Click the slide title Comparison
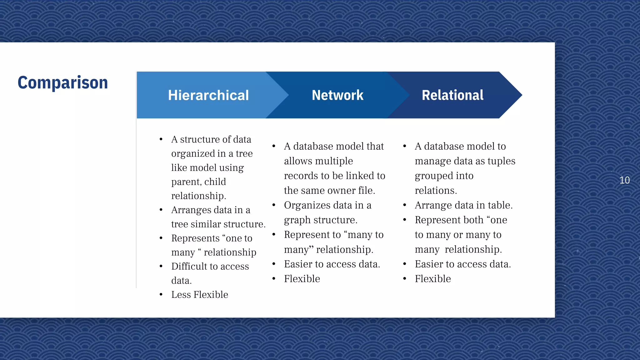pyautogui.click(x=63, y=83)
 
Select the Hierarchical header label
pyautogui.click(x=208, y=95)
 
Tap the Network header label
pyautogui.click(x=337, y=95)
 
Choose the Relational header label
pyautogui.click(x=452, y=95)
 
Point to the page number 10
pyautogui.click(x=624, y=180)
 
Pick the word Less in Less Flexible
pyautogui.click(x=181, y=295)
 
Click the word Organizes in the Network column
pyautogui.click(x=307, y=205)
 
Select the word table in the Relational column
pyautogui.click(x=500, y=205)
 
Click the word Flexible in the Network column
pyautogui.click(x=302, y=279)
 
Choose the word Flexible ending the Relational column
pyautogui.click(x=433, y=279)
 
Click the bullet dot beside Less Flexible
pyautogui.click(x=161, y=294)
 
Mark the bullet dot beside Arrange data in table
pyautogui.click(x=405, y=205)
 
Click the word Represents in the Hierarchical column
pyautogui.click(x=195, y=238)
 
